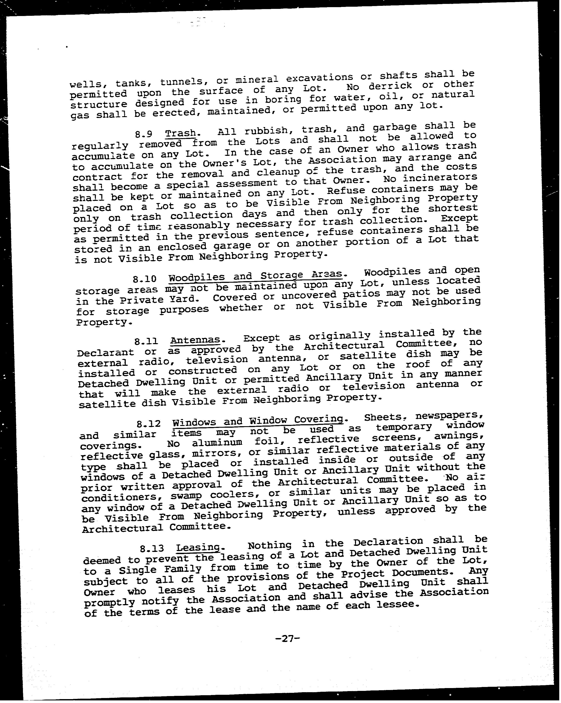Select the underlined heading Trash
(x=181, y=133)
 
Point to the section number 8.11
(x=146, y=341)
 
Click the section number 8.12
(x=149, y=424)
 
